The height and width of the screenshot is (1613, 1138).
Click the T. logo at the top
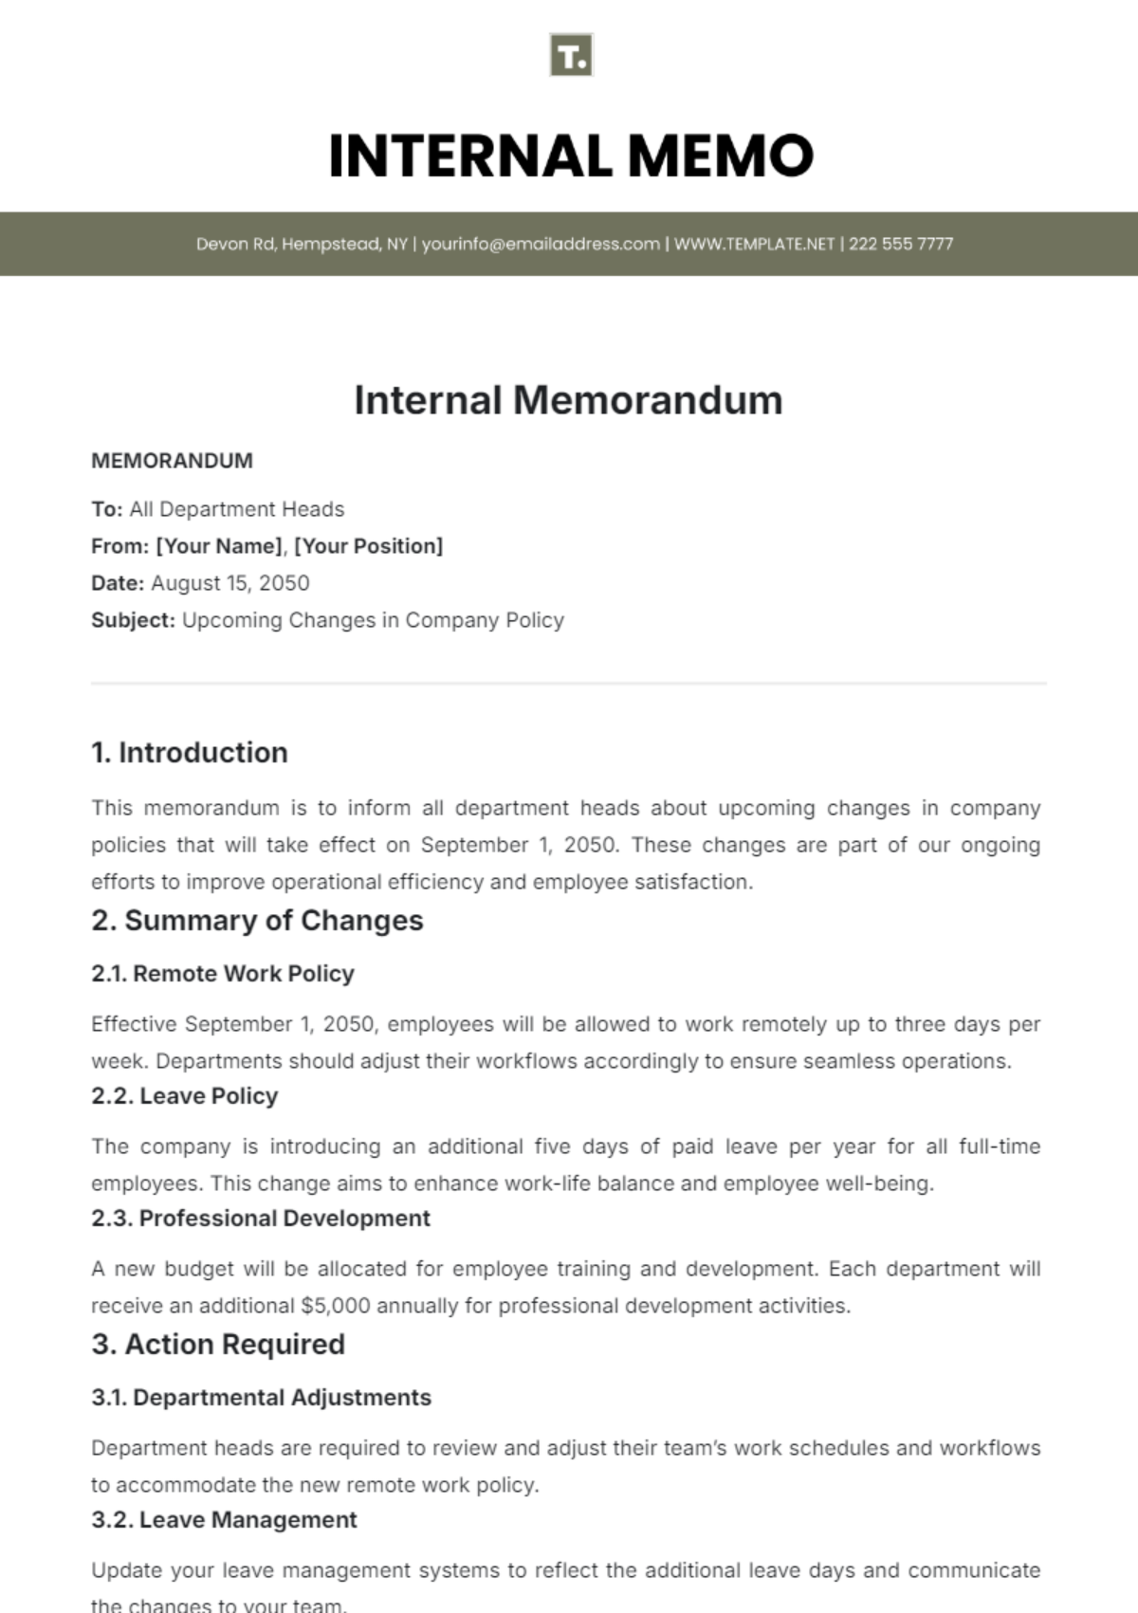coord(571,55)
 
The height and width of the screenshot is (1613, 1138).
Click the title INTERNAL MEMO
coord(571,156)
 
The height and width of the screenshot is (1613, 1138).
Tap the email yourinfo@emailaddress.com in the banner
coord(541,244)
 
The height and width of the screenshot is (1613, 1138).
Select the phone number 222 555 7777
coord(900,244)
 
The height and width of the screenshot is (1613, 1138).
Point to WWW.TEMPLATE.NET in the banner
coord(754,244)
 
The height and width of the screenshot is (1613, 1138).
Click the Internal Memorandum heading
coord(568,400)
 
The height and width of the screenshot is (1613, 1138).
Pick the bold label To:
coord(106,509)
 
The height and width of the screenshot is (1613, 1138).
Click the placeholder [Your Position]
coord(368,546)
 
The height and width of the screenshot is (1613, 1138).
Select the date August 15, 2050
coord(229,583)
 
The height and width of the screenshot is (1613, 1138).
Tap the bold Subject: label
coord(133,620)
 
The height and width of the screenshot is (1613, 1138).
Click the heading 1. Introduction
coord(189,753)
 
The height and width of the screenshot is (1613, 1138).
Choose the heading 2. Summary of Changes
coord(257,921)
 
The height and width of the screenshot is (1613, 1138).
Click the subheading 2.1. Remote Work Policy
coord(223,974)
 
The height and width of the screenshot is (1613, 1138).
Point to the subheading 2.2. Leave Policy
coord(185,1096)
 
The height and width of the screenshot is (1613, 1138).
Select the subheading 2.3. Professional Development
coord(261,1219)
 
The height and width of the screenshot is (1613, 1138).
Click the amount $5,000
coord(335,1306)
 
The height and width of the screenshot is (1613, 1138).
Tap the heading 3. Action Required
coord(218,1345)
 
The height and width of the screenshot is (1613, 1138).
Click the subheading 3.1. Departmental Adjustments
coord(261,1398)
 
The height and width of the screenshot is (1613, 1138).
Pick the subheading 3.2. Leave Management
coord(224,1520)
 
